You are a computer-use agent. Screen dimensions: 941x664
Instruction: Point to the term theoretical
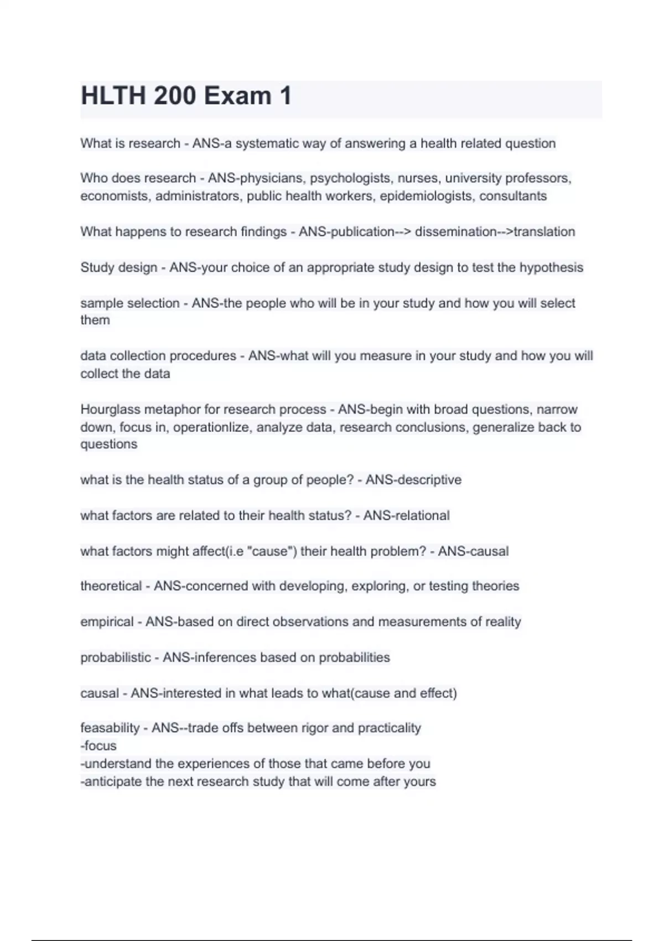pos(111,586)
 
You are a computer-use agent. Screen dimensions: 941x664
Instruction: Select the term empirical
pos(107,622)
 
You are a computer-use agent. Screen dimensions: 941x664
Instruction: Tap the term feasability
pos(110,728)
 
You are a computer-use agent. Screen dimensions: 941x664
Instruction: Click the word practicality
pos(389,728)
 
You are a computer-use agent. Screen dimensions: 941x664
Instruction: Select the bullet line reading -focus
pos(98,746)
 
